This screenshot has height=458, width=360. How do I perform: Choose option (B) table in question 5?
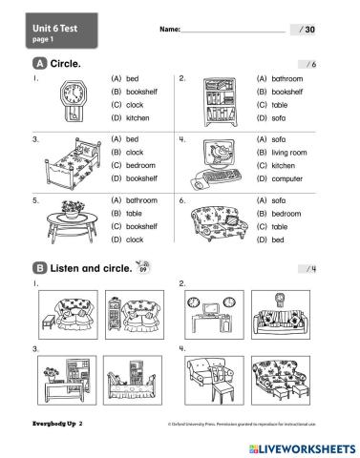(127, 214)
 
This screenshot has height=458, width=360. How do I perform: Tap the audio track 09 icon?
(143, 269)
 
